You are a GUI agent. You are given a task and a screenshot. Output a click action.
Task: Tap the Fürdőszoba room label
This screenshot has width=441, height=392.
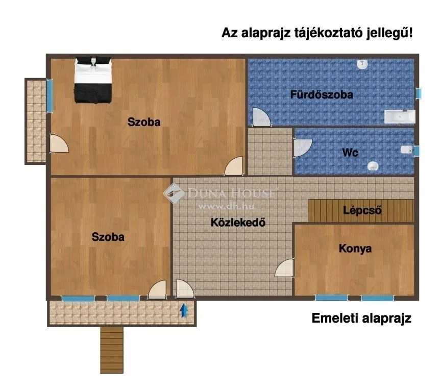(322, 94)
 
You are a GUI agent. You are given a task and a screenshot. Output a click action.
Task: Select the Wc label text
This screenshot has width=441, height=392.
(350, 153)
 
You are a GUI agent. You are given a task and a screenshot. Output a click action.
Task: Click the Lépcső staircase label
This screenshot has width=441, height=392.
(363, 210)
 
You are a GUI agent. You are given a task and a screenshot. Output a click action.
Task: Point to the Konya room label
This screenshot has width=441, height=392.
(355, 249)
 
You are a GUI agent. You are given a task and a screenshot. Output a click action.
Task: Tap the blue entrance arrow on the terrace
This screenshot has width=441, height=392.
(183, 310)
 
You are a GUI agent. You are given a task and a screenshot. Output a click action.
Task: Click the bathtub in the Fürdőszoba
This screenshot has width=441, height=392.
(399, 117)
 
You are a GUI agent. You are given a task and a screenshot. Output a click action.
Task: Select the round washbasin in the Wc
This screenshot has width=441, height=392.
(373, 166)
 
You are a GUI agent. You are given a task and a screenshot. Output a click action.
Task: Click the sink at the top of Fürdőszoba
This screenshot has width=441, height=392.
(362, 64)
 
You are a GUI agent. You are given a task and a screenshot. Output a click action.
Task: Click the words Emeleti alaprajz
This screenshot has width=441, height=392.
(361, 319)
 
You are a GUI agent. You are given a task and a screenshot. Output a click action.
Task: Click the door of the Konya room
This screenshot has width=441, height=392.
(285, 268)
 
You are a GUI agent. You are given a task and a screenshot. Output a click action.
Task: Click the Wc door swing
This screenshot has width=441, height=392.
(302, 148)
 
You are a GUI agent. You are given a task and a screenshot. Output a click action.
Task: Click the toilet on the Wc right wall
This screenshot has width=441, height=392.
(407, 150)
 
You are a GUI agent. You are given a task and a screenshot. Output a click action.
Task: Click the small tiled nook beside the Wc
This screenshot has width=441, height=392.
(270, 152)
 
